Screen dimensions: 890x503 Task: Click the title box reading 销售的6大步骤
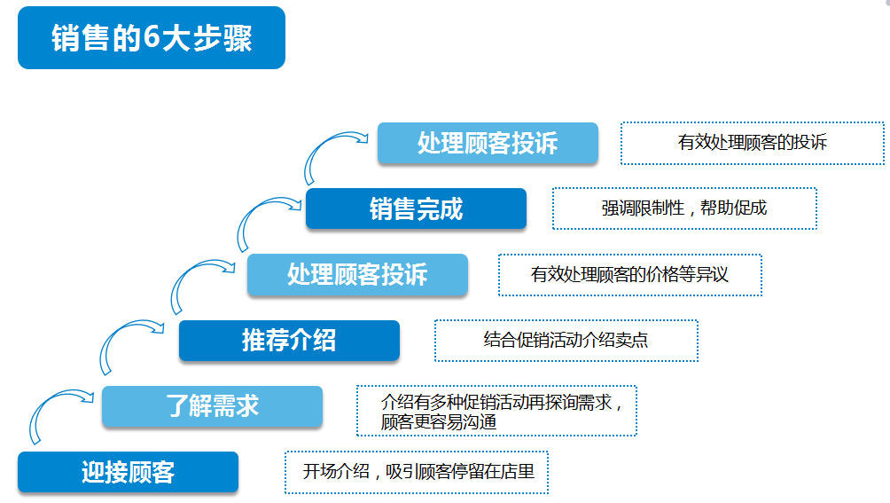pyautogui.click(x=152, y=37)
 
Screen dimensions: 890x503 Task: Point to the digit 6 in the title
pyautogui.click(x=152, y=37)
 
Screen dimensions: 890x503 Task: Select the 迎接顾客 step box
pyautogui.click(x=128, y=472)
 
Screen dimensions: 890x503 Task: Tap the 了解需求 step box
pyautogui.click(x=212, y=406)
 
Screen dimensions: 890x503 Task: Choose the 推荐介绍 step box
pyautogui.click(x=289, y=341)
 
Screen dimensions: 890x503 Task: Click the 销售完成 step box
pyautogui.click(x=416, y=208)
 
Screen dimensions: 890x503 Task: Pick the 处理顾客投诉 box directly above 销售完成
pyautogui.click(x=488, y=143)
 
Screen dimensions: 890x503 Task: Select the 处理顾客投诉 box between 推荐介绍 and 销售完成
pyautogui.click(x=357, y=274)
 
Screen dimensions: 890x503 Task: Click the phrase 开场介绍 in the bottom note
pyautogui.click(x=336, y=471)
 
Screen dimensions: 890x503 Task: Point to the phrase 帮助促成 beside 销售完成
pyautogui.click(x=733, y=208)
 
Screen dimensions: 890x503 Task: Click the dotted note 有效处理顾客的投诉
pyautogui.click(x=752, y=143)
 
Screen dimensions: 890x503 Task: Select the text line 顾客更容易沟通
pyautogui.click(x=439, y=421)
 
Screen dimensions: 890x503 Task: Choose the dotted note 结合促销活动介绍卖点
pyautogui.click(x=566, y=340)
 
